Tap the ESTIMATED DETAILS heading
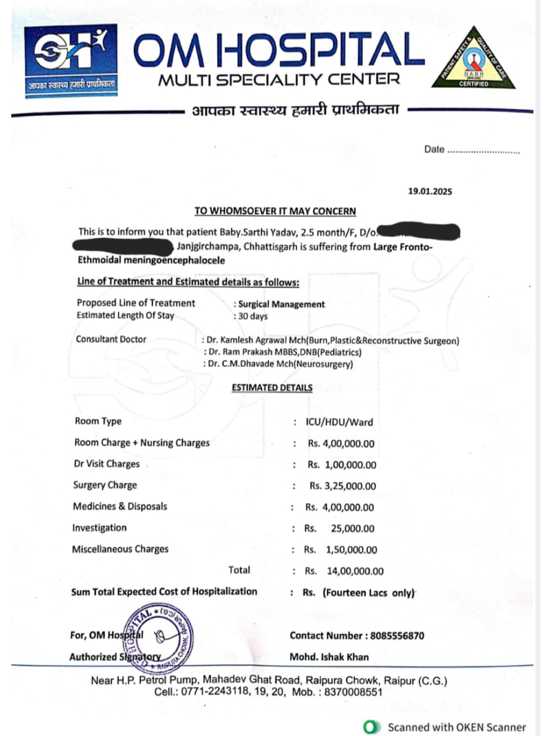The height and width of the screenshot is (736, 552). point(272,388)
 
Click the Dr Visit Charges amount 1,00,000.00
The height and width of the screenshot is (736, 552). point(350,465)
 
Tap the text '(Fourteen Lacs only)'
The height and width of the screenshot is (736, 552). point(368,593)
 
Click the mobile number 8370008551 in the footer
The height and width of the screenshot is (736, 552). point(353,692)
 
